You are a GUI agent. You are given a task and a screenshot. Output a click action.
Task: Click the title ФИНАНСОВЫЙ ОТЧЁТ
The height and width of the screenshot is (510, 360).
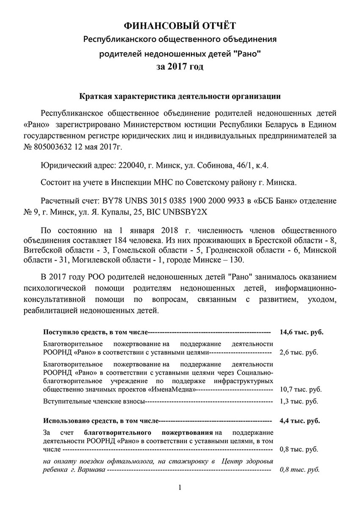pyautogui.click(x=180, y=26)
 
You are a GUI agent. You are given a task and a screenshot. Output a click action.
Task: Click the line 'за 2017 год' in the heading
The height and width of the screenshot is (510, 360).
pyautogui.click(x=180, y=67)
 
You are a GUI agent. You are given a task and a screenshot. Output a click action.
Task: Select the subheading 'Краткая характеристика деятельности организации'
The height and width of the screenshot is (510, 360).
pyautogui.click(x=180, y=96)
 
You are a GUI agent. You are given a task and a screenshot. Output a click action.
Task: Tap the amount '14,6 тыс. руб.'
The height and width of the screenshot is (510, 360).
pyautogui.click(x=301, y=332)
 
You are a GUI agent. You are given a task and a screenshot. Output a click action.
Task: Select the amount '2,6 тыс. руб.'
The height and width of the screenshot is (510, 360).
pyautogui.click(x=299, y=352)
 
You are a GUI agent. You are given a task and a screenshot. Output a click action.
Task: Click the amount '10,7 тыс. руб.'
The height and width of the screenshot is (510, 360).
pyautogui.click(x=300, y=389)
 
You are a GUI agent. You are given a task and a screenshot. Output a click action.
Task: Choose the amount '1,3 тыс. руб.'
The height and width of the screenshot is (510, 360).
pyautogui.click(x=299, y=401)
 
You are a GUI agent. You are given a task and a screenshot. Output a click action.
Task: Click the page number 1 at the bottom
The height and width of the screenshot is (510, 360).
pyautogui.click(x=180, y=488)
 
